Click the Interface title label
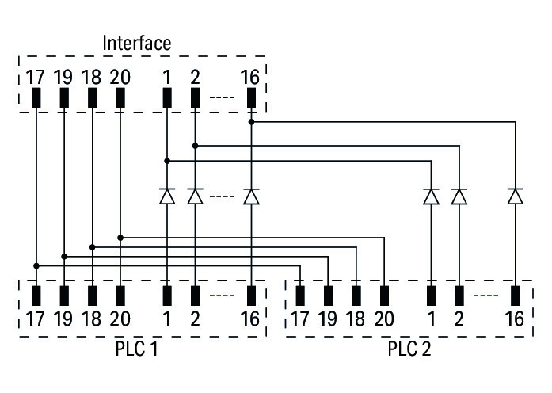click(x=136, y=43)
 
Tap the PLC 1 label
click(x=136, y=349)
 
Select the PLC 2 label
click(x=409, y=349)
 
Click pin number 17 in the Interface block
click(x=36, y=78)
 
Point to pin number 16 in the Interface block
click(x=250, y=78)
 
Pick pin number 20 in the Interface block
click(x=120, y=78)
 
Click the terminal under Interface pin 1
click(x=167, y=98)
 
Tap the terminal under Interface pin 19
click(x=64, y=98)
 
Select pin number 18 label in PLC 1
click(x=92, y=320)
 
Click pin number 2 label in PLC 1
click(x=195, y=320)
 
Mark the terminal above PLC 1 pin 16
click(x=251, y=296)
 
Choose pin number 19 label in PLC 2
click(x=328, y=320)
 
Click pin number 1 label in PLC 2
click(x=431, y=320)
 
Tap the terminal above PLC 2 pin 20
click(x=384, y=296)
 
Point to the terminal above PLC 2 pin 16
click(x=516, y=296)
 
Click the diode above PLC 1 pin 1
click(x=167, y=196)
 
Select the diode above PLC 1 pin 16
click(x=251, y=196)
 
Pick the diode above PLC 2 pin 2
click(x=459, y=196)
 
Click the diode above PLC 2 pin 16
click(x=516, y=196)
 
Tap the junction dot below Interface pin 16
click(x=251, y=122)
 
